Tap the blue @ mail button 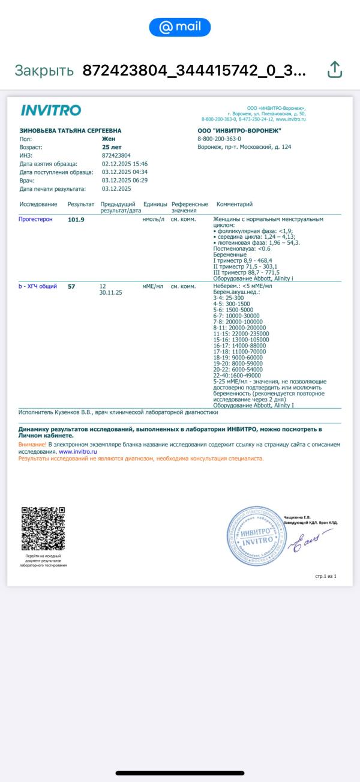(x=180, y=27)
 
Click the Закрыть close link (x=44, y=70)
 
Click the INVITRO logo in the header (x=51, y=110)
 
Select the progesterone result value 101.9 (x=76, y=220)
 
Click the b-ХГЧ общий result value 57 (x=71, y=286)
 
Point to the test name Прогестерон (x=35, y=220)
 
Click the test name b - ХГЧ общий (x=38, y=286)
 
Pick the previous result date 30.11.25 (x=111, y=293)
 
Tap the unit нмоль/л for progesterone (x=153, y=220)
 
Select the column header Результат (x=81, y=204)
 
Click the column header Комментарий (x=235, y=204)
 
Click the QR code (x=43, y=529)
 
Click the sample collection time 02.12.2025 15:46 (x=125, y=163)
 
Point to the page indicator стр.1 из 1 (x=326, y=576)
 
